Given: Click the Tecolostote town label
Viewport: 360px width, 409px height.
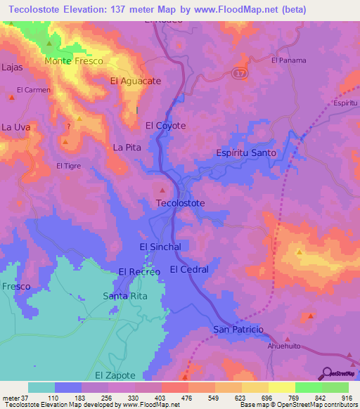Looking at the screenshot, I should pos(180,203).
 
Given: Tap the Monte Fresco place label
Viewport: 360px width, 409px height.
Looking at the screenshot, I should pos(74,61).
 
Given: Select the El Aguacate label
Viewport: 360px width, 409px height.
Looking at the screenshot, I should pos(136,81).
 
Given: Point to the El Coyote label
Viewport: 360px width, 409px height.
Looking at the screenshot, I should pos(165,126).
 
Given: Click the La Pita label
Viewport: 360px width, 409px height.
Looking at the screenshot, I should pos(127,148).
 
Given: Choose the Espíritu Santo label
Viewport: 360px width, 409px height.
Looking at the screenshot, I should pos(245,152).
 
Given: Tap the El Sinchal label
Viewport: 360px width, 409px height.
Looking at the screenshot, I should pos(160,247).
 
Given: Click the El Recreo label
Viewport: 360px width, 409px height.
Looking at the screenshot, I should pos(139,271).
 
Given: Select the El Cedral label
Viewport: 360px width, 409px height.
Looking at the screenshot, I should pos(189,269).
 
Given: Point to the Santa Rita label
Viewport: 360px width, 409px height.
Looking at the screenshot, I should pos(125,296).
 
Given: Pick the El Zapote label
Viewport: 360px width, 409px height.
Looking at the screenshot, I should pos(109,377).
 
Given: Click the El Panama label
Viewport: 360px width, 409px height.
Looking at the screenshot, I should pos(289,60).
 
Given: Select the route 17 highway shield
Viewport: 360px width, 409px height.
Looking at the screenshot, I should pos(241,73).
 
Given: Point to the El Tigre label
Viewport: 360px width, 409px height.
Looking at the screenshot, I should pos(69,166).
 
